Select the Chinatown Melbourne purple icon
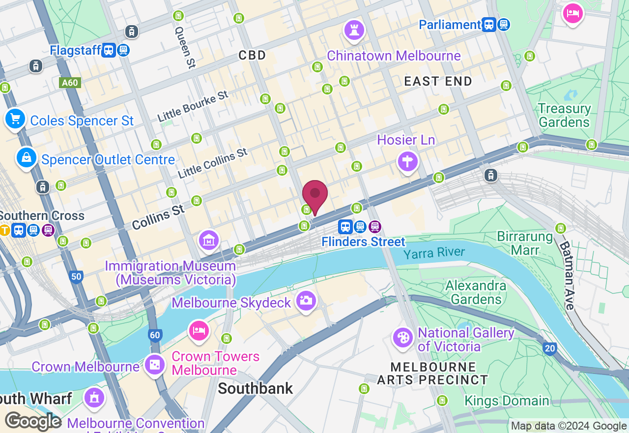(354, 30)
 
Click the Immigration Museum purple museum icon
(209, 240)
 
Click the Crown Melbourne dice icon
(154, 365)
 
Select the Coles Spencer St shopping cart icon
(15, 119)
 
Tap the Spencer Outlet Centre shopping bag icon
(27, 157)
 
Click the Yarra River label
(434, 253)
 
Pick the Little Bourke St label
(193, 106)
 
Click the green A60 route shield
(70, 83)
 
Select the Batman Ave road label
(566, 276)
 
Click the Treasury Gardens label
(564, 115)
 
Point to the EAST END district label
(438, 81)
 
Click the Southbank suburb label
(255, 388)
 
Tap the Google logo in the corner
(32, 422)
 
